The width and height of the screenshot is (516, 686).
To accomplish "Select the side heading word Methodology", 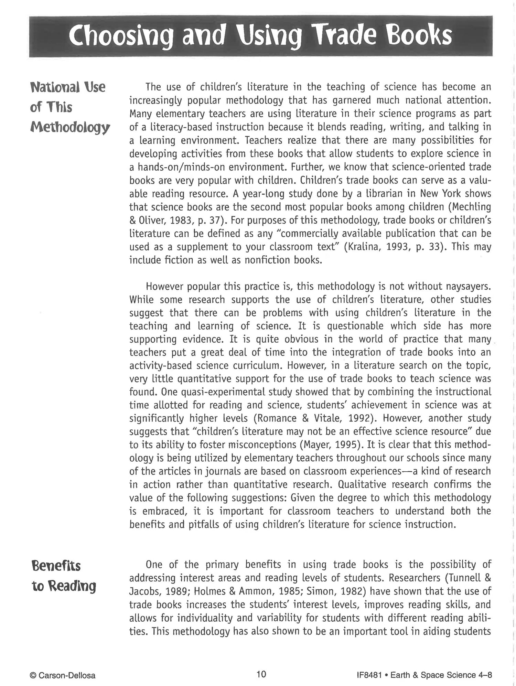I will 70,128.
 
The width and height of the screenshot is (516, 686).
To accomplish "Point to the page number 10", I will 261,674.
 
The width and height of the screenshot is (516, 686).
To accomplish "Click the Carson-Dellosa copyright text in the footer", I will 63,675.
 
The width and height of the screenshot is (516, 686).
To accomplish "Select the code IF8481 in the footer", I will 369,675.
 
